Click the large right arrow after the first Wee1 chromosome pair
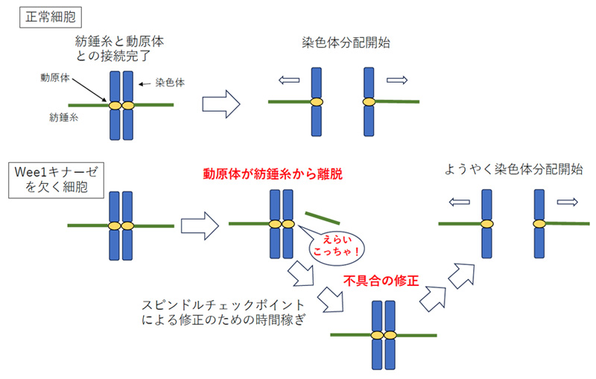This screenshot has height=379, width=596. (x=200, y=223)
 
